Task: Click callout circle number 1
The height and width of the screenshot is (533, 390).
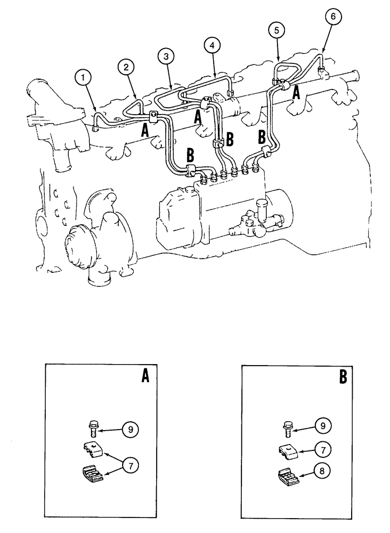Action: [82, 78]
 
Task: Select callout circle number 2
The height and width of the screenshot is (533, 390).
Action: [126, 67]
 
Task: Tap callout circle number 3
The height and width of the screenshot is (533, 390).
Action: [166, 55]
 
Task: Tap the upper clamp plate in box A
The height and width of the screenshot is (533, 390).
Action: [93, 450]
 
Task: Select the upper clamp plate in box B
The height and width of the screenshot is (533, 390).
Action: [288, 450]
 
